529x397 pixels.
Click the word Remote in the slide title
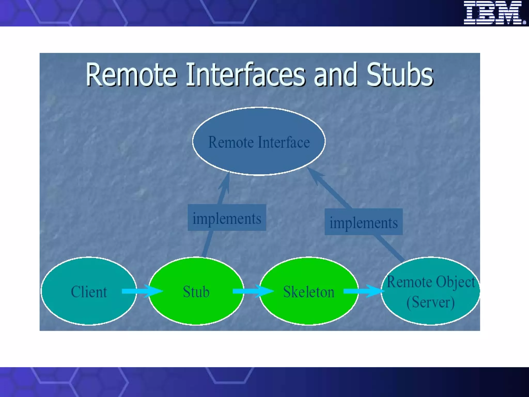tap(131, 75)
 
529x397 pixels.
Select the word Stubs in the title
tap(400, 75)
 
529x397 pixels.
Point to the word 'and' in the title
tap(335, 75)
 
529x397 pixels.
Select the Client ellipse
tap(89, 305)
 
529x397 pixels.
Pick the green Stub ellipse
tap(196, 308)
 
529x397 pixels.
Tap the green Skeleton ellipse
tap(309, 308)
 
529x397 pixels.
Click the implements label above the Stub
tap(227, 218)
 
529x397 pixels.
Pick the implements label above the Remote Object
tap(363, 222)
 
